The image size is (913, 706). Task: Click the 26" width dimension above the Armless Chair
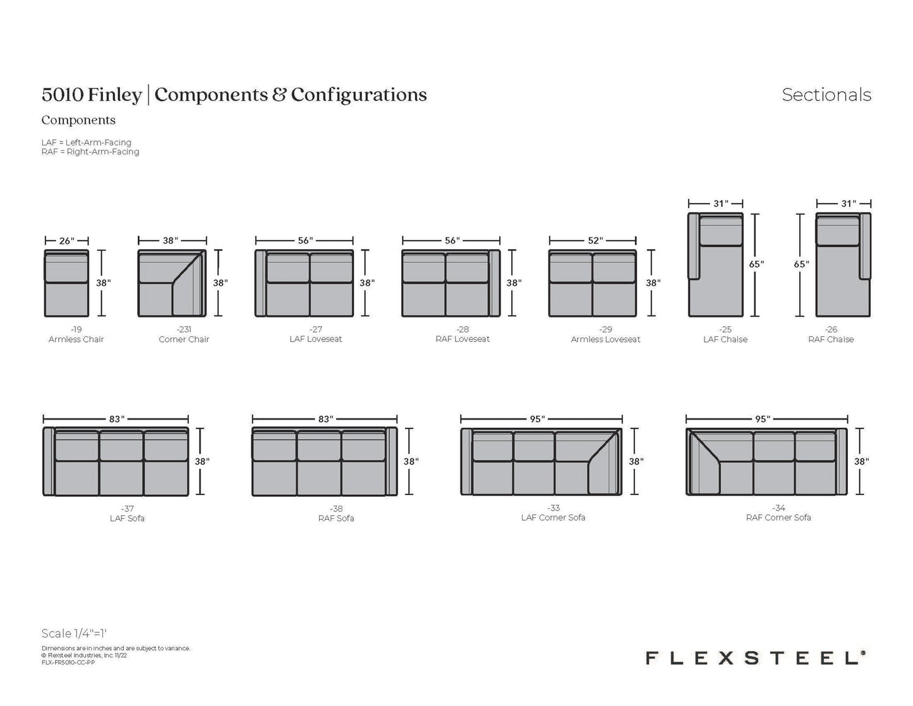pos(67,241)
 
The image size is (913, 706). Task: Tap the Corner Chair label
pos(184,339)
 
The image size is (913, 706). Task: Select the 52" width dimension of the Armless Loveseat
pos(595,240)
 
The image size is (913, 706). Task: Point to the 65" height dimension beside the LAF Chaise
pos(756,264)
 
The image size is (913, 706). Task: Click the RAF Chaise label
pos(831,339)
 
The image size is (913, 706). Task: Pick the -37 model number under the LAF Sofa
pos(127,509)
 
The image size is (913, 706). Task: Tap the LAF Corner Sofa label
pos(553,517)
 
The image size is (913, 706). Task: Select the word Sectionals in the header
pos(826,95)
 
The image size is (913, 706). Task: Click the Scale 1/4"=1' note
pos(74,633)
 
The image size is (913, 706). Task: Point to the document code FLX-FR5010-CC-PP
pos(68,663)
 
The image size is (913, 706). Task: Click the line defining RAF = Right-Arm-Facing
pos(90,152)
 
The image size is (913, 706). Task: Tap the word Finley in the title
pos(115,95)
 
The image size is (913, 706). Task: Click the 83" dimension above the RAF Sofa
pos(325,419)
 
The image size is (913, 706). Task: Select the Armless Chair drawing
pos(66,283)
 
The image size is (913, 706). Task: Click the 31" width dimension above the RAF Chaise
pos(849,204)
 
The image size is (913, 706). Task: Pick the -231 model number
pos(184,329)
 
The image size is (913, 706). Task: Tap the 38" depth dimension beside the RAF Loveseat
pos(514,283)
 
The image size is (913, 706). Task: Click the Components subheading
pos(78,120)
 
